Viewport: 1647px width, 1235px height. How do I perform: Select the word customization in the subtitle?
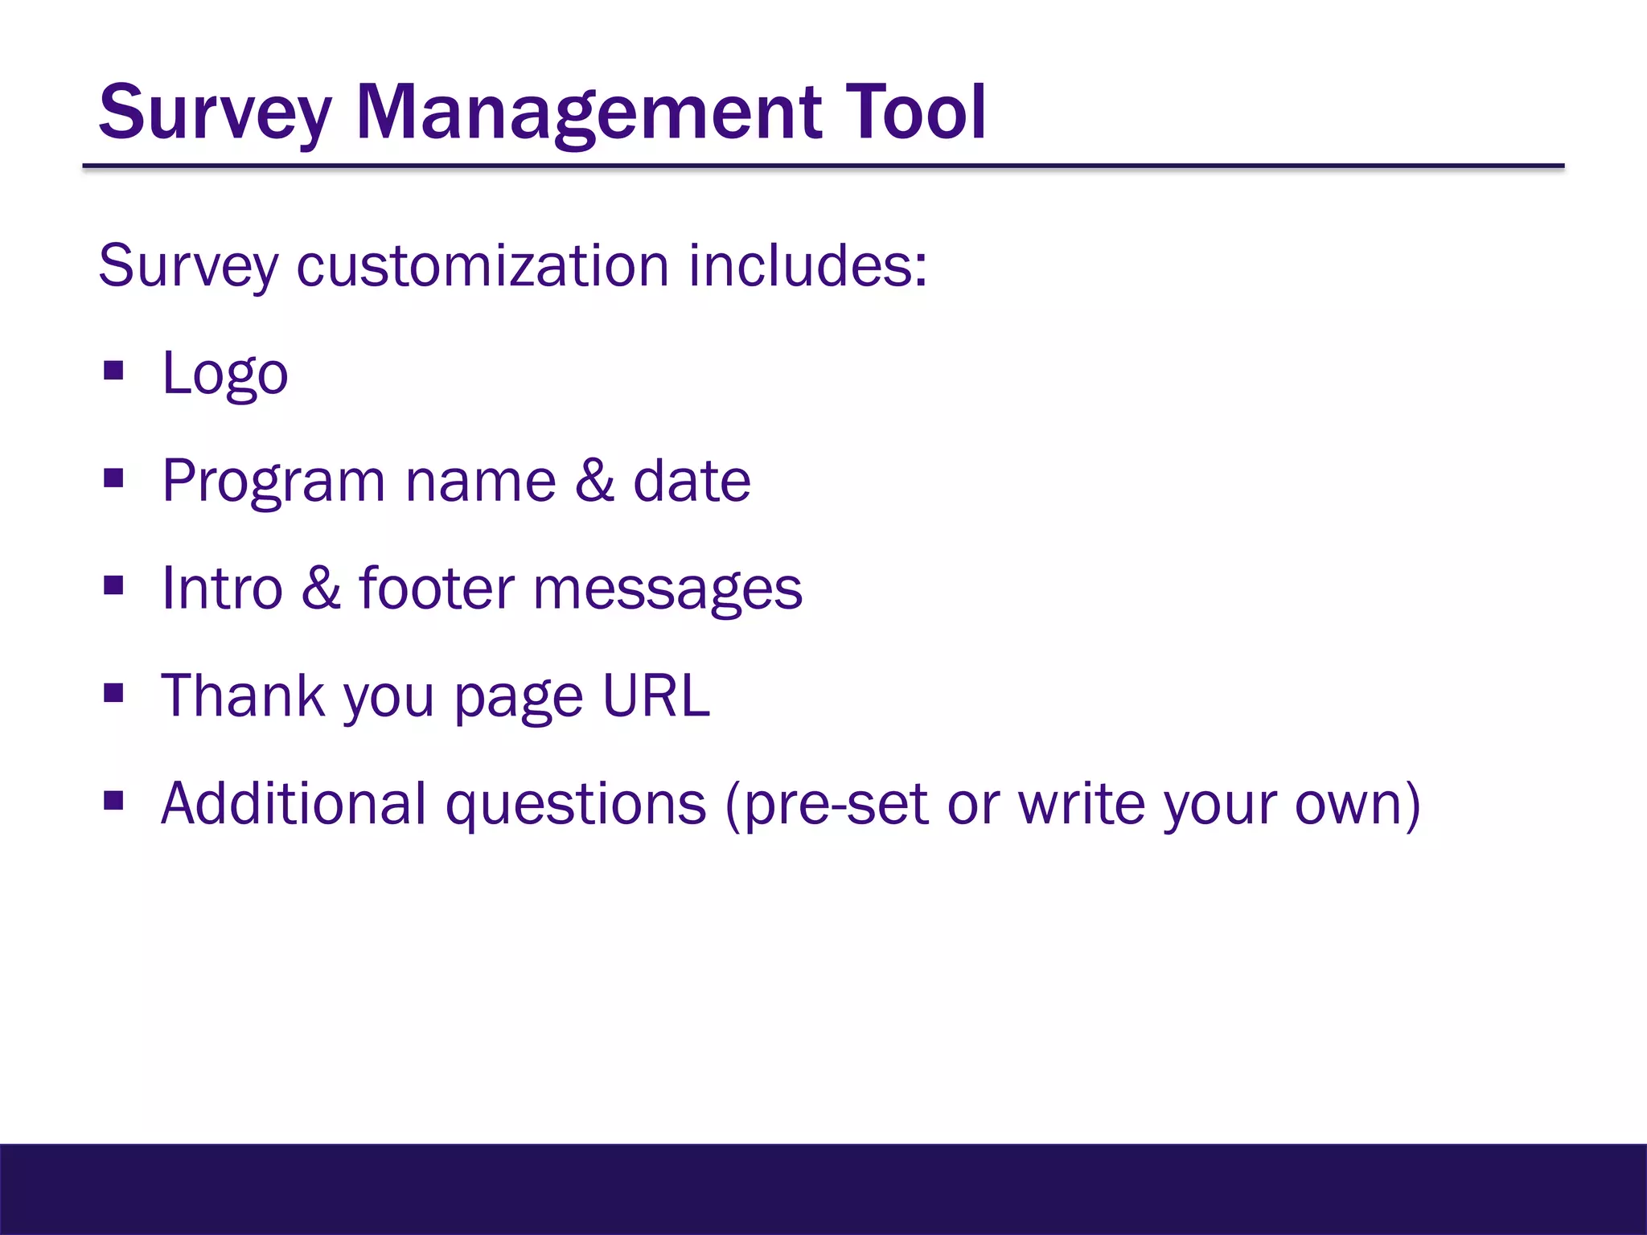coord(482,266)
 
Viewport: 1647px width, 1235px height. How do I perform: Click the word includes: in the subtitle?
coord(807,266)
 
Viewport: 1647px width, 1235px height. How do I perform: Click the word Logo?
coord(224,375)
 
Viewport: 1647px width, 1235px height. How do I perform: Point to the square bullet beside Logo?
coord(113,371)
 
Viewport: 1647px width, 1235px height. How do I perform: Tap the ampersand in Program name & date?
coord(594,481)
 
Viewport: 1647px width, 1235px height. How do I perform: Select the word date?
coord(692,481)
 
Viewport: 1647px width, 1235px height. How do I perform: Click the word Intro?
coord(222,589)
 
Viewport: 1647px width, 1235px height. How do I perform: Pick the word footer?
coord(436,589)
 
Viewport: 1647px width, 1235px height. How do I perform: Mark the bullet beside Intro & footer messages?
coord(113,586)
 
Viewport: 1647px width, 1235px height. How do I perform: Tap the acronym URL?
coord(655,695)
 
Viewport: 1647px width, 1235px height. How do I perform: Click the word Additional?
coord(294,803)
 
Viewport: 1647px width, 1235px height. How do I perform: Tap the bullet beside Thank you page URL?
coord(113,693)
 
